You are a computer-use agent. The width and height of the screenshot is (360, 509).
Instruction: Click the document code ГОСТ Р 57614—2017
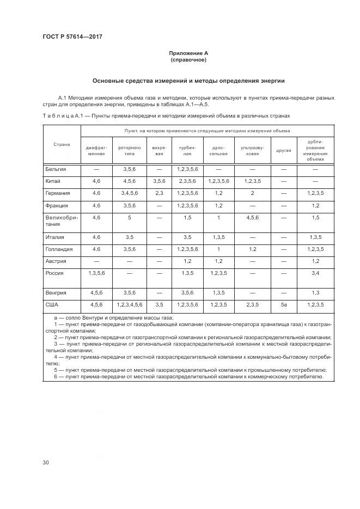(72, 36)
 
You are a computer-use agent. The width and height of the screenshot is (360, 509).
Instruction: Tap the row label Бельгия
(56, 169)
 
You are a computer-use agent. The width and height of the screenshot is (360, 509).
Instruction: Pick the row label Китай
(53, 181)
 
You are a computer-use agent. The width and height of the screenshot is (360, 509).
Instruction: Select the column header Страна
(62, 144)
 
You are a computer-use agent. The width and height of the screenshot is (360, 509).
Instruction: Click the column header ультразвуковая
(252, 150)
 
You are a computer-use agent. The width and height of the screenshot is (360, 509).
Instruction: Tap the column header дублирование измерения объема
(315, 150)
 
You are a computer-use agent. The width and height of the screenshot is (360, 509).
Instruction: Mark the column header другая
(283, 150)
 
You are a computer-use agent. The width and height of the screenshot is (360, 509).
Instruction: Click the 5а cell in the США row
(283, 304)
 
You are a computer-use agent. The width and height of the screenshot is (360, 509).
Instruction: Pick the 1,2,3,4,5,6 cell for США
(129, 304)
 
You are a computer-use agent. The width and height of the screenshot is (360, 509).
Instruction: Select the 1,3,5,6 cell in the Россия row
(96, 273)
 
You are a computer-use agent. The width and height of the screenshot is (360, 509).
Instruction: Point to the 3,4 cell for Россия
(315, 273)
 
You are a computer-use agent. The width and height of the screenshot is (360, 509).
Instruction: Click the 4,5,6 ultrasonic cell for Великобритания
(252, 218)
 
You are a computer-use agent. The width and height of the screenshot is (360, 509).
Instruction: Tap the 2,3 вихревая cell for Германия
(159, 193)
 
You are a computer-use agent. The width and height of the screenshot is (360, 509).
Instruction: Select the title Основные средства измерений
(188, 81)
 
